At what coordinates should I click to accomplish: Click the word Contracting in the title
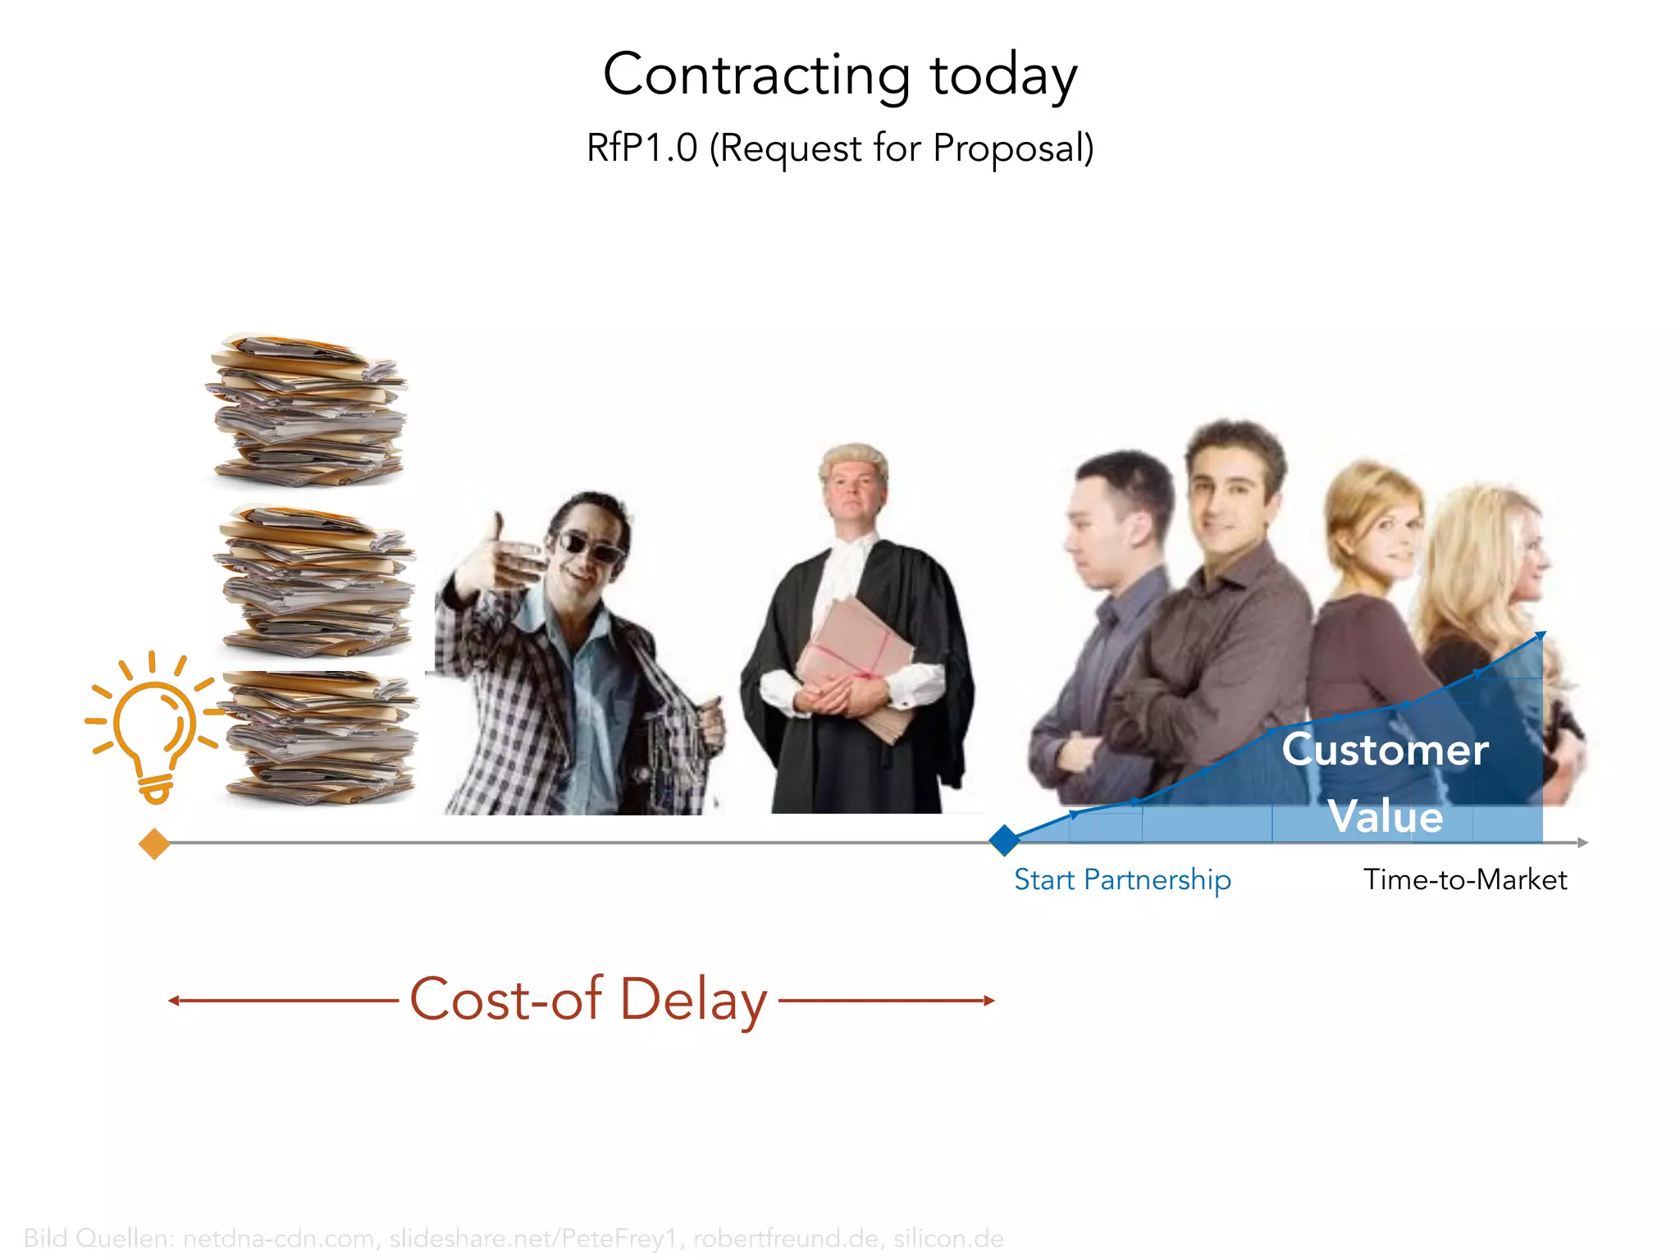tap(756, 75)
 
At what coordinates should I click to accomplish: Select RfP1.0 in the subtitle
tap(641, 148)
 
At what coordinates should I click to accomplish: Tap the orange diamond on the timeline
tap(154, 843)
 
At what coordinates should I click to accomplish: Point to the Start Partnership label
tap(1122, 879)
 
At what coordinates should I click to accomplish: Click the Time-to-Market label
tap(1465, 879)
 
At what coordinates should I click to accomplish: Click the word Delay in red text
tap(693, 1000)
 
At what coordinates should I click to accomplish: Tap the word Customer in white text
tap(1385, 749)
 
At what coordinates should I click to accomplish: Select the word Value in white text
tap(1386, 816)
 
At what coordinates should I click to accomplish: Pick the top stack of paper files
tap(307, 410)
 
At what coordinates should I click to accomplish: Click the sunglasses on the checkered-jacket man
tap(590, 546)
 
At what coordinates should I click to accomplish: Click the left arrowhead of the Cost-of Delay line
tap(173, 1000)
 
